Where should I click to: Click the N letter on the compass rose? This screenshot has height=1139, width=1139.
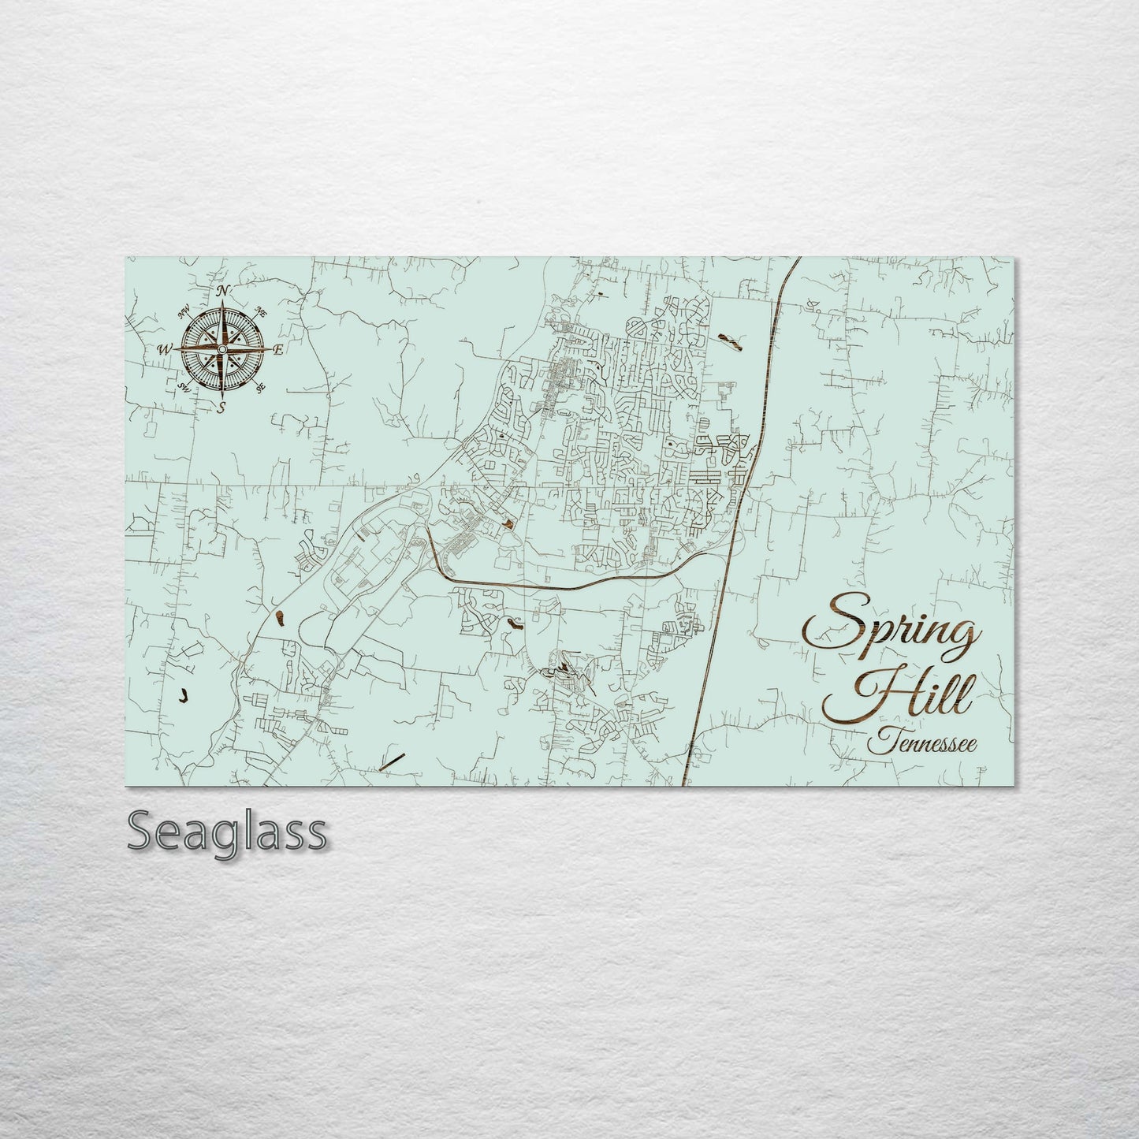(x=223, y=292)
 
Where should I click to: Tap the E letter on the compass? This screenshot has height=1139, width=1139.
(x=277, y=348)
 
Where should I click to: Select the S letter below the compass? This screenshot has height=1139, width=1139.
(x=222, y=408)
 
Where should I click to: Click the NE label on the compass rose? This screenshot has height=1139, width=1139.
(x=262, y=312)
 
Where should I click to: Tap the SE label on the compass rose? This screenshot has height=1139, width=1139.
(x=260, y=387)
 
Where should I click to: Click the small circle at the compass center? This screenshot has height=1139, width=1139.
(x=222, y=348)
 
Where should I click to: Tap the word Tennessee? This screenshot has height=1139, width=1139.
(x=921, y=743)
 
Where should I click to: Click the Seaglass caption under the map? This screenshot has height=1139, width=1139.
(x=226, y=831)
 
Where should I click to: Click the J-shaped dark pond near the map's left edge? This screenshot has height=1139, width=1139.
(x=183, y=695)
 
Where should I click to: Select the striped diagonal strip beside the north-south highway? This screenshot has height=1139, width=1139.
(x=731, y=342)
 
